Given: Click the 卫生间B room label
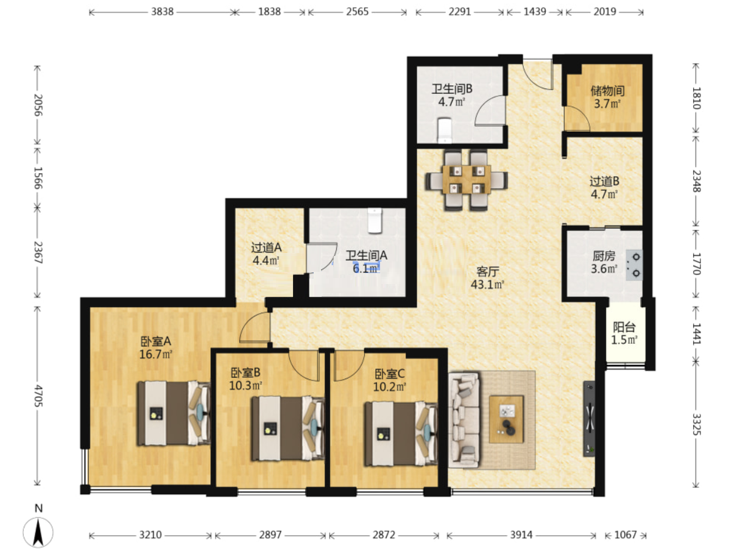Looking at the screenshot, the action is [x=451, y=89].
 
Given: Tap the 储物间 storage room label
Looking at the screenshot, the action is [x=607, y=91].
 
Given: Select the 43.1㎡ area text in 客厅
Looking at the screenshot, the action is [x=487, y=285].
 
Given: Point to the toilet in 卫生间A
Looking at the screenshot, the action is [x=375, y=221].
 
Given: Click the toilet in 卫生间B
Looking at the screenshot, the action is [x=445, y=130].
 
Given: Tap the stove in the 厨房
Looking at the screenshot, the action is [x=634, y=265].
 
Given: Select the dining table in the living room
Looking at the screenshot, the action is [x=467, y=179].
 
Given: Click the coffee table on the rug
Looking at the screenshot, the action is [x=506, y=419].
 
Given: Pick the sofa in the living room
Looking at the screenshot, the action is [x=464, y=419].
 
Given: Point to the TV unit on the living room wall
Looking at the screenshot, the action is [x=589, y=418].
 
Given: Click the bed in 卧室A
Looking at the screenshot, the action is [x=173, y=413].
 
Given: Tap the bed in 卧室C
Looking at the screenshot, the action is [x=401, y=434].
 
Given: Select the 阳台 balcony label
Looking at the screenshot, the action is [x=624, y=327].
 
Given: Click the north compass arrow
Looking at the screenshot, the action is [x=38, y=532].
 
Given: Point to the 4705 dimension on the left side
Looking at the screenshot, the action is [x=38, y=396].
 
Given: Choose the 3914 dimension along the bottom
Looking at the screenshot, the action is [x=521, y=534].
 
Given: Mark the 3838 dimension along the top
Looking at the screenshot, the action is [x=162, y=12].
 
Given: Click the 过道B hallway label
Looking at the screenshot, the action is [x=604, y=182].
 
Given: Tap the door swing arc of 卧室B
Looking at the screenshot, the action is [x=303, y=366].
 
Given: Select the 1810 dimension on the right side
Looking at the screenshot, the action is [x=696, y=98].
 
